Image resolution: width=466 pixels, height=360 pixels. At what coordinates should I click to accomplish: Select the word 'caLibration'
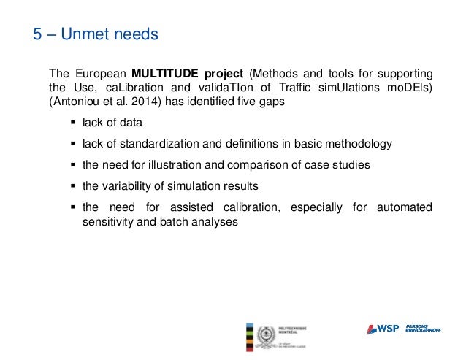(125, 88)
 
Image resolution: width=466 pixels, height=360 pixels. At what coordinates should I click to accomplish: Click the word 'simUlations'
(343, 88)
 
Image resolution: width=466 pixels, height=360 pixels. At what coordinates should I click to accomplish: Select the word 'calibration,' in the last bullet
(247, 207)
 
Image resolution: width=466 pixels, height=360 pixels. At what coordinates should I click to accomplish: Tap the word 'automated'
(404, 207)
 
